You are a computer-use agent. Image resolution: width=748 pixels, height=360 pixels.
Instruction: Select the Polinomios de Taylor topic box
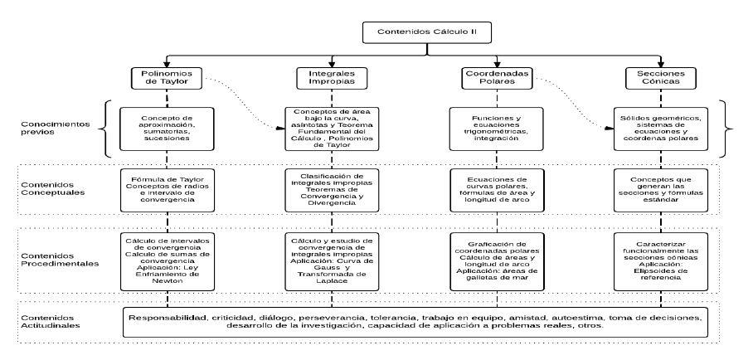(167, 78)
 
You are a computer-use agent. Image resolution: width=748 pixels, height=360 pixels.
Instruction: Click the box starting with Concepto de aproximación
(167, 129)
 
